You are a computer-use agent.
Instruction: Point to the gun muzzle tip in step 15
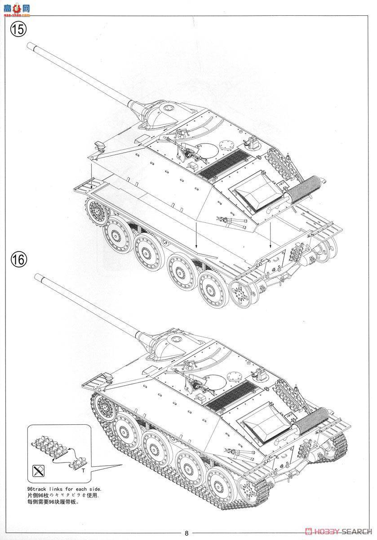pyautogui.click(x=30, y=45)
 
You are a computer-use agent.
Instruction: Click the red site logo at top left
pyautogui.click(x=18, y=8)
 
